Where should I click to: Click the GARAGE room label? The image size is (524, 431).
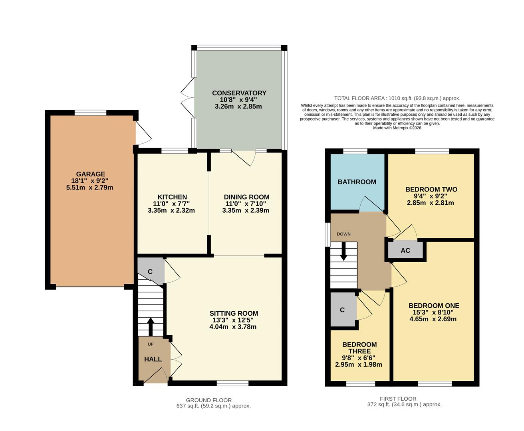point(91,174)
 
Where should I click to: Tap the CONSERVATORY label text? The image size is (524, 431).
point(239,93)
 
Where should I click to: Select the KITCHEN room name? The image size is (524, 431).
point(172,197)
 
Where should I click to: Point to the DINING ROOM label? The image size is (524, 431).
point(246,197)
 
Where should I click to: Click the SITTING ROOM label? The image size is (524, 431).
point(234,314)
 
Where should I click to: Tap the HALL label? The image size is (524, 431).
point(153,359)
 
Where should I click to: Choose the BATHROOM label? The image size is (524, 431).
point(357,182)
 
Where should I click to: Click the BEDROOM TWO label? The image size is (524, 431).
point(431,190)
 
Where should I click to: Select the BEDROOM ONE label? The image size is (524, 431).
point(434,306)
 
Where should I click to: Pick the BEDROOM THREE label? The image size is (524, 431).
point(359,348)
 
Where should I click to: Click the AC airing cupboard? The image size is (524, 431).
point(405,251)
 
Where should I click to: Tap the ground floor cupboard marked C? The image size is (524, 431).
point(150,272)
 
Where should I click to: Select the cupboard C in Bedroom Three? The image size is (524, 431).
point(342,310)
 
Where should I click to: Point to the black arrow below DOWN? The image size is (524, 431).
point(343,252)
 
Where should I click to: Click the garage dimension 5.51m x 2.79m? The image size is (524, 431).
point(90,188)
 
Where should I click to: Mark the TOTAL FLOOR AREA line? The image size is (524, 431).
point(397,98)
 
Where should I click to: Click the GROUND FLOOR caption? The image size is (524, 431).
point(208,400)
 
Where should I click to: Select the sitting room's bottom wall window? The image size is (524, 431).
point(233,384)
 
